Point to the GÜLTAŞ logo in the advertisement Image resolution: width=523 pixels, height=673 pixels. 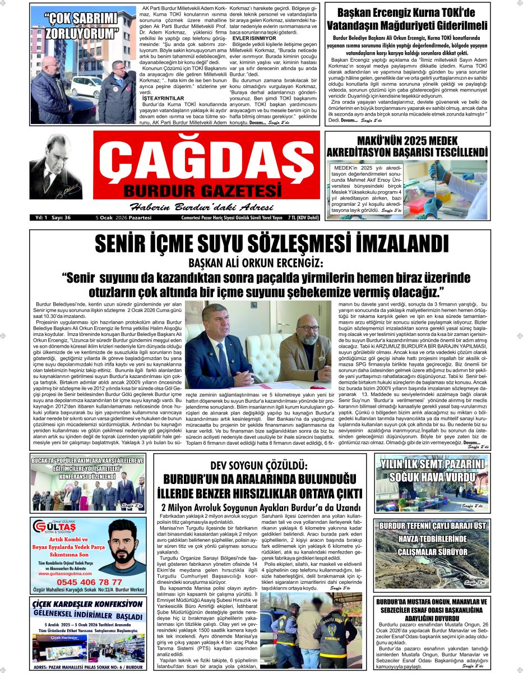[x=55, y=527]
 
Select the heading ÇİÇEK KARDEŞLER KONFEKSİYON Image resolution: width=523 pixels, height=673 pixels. [x=87, y=605]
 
